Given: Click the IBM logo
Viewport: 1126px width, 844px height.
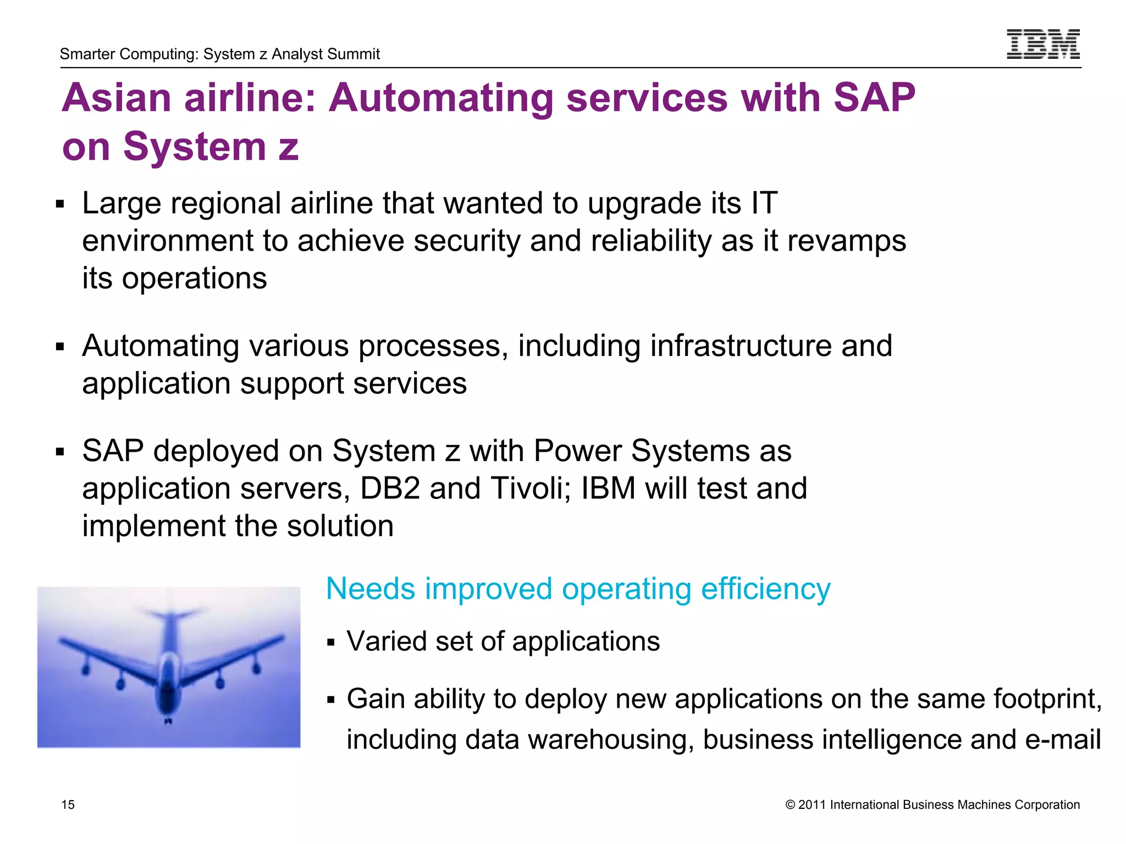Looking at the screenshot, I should (x=1043, y=44).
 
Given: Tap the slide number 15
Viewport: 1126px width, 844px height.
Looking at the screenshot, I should (x=68, y=804).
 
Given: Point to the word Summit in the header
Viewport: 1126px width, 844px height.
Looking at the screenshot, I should (x=356, y=54).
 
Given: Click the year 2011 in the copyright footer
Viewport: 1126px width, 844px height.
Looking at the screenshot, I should (x=812, y=804).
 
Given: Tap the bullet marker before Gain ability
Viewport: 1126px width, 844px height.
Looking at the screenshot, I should (x=330, y=700).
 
